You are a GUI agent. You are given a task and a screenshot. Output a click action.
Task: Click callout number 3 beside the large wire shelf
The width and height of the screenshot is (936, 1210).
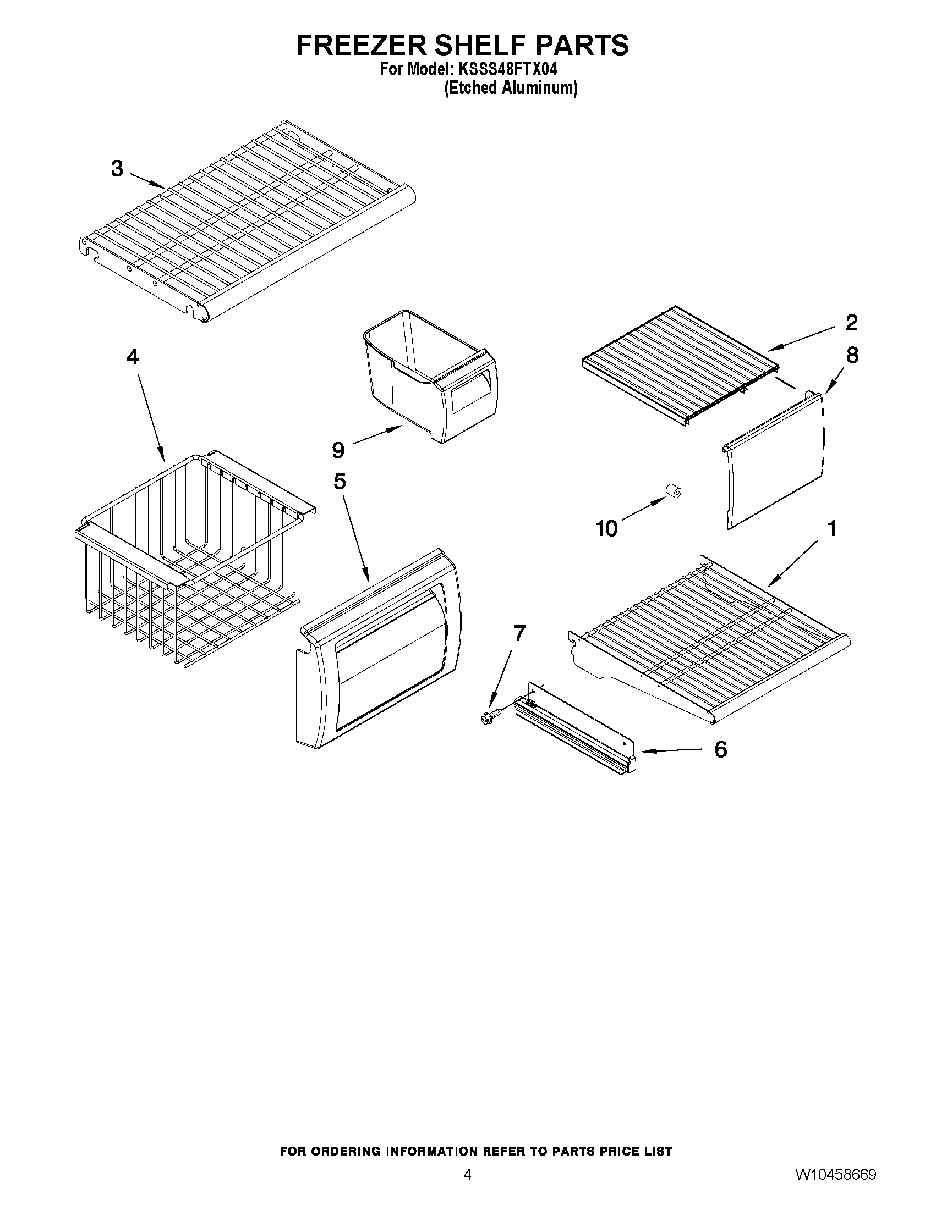117,168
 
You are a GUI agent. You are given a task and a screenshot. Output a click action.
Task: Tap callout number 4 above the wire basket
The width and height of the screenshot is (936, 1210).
132,357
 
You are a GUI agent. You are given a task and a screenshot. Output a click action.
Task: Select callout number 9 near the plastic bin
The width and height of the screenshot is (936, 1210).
338,450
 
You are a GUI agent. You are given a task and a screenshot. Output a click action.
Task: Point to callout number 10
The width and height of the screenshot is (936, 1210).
606,528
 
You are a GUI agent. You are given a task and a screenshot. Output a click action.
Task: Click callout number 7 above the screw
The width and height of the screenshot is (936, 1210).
519,633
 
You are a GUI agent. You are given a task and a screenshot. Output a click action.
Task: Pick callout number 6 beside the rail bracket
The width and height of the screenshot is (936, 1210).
720,750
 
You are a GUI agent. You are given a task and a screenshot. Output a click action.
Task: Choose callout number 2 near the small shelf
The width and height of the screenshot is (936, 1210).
851,323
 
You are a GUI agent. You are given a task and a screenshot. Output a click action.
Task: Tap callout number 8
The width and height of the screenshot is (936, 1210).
852,356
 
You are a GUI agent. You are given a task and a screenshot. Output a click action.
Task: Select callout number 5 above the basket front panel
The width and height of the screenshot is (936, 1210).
340,481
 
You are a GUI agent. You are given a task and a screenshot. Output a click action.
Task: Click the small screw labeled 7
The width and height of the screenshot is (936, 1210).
489,717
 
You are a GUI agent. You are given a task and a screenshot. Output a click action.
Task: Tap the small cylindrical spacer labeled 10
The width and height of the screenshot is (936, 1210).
673,491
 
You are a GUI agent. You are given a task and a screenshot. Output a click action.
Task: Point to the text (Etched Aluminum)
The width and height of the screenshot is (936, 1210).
511,88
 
